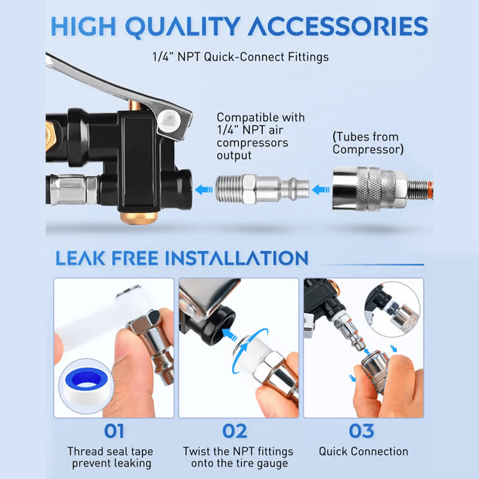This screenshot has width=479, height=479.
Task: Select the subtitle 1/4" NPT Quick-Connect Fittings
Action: coord(239,57)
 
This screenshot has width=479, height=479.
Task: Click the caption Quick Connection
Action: coord(363,451)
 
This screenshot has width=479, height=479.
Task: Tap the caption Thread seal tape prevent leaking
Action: coord(110,457)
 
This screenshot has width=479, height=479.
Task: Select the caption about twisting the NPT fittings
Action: coord(238,457)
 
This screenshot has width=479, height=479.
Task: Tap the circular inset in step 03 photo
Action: coord(393,312)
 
